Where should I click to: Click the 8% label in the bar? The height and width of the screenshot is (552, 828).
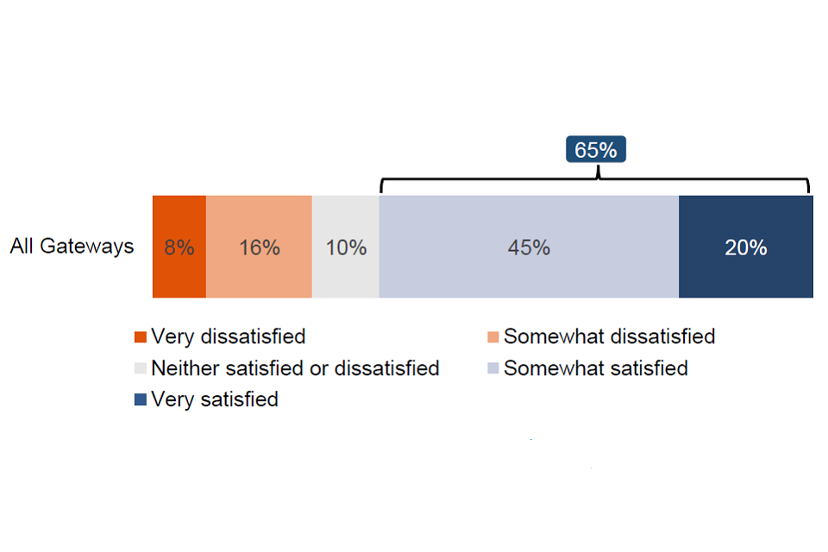[x=179, y=248]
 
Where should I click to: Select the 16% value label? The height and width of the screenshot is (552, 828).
[x=259, y=248]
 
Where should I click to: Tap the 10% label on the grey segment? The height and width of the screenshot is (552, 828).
[x=346, y=248]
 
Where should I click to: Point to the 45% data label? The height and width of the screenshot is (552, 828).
[x=529, y=248]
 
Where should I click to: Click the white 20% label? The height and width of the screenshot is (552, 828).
[x=745, y=248]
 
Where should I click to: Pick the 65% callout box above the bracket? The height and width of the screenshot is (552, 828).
[x=596, y=150]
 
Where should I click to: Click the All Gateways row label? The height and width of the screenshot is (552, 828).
[x=72, y=247]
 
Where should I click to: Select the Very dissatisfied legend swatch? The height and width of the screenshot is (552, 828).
[x=141, y=336]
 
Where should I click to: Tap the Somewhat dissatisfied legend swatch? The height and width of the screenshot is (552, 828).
[x=493, y=336]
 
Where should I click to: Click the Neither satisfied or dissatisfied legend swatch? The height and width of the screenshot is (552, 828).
[x=141, y=368]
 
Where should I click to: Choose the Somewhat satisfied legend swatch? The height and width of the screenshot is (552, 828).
[x=493, y=368]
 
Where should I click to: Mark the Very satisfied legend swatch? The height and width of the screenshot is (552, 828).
[x=141, y=400]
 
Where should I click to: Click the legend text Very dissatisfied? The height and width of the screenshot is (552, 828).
[x=228, y=336]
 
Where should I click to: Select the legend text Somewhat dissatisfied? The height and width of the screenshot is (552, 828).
[x=609, y=336]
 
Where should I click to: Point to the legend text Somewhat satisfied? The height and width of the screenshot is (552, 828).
[x=595, y=368]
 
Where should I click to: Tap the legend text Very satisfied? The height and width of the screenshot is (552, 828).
[x=214, y=400]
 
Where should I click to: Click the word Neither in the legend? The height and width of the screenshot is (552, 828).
[x=180, y=368]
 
